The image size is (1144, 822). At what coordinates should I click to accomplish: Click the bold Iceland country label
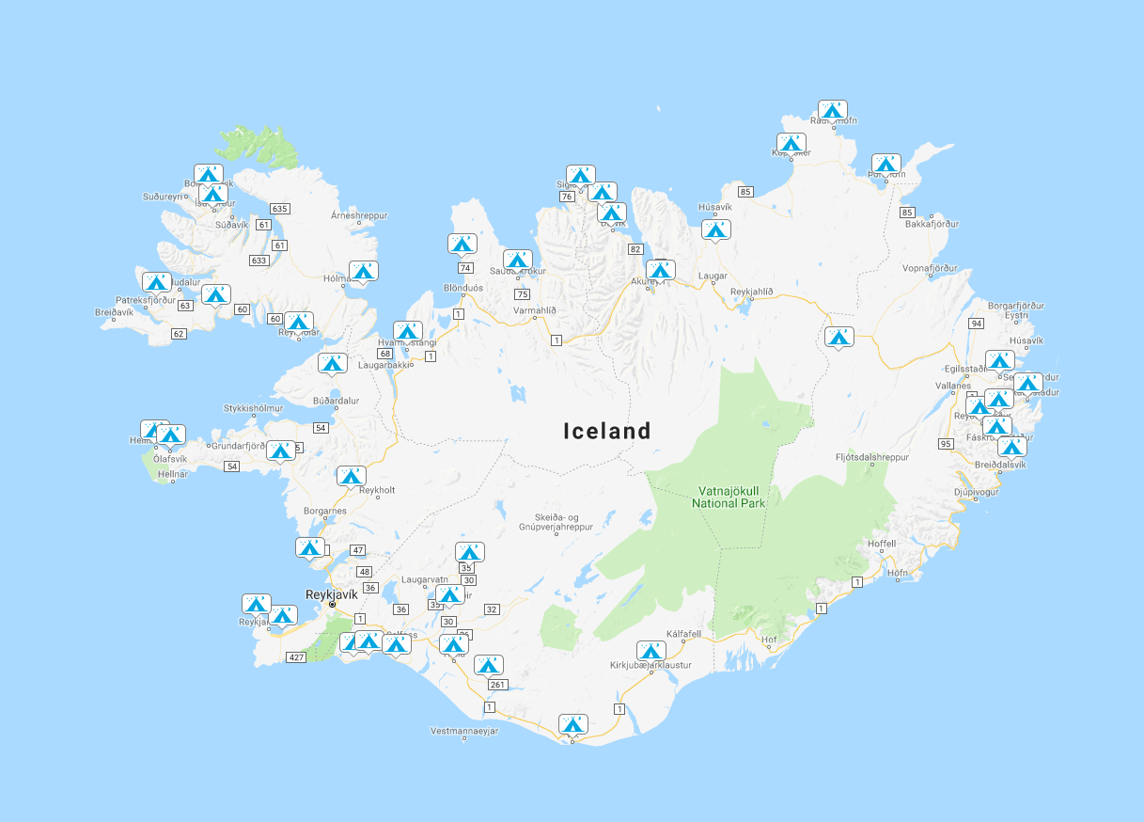[607, 431]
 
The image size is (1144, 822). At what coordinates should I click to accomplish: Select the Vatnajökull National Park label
[729, 497]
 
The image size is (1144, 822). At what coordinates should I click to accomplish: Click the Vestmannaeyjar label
[464, 731]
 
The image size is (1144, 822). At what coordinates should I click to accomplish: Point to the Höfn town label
[898, 572]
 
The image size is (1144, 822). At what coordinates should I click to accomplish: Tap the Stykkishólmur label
[253, 408]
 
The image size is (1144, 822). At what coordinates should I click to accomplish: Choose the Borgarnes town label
[326, 512]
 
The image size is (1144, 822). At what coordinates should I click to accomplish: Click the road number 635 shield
[279, 208]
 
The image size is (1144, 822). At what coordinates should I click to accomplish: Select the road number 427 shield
[297, 656]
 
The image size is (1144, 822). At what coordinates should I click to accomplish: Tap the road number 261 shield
[498, 685]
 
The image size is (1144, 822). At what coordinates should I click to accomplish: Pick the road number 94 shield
[977, 324]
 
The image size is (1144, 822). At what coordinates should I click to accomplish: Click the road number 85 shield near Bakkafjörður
[907, 213]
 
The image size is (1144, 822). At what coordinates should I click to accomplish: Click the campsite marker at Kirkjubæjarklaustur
[651, 651]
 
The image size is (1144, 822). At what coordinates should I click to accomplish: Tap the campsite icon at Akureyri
[661, 271]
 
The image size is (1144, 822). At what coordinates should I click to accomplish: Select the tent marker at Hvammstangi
[407, 331]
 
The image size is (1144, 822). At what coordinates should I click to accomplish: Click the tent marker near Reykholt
[351, 477]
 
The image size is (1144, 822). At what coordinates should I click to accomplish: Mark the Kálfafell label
[683, 634]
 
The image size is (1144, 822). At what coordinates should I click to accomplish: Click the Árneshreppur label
[359, 215]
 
